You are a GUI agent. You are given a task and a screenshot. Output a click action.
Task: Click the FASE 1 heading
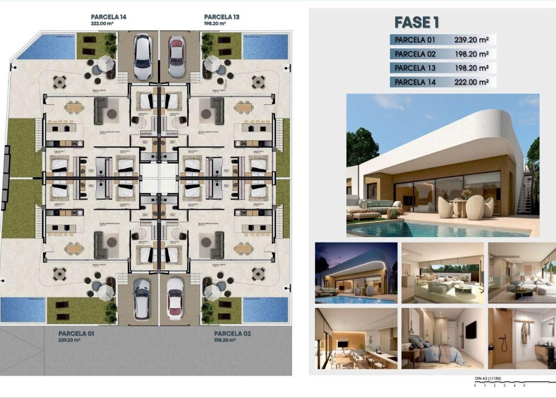click(x=416, y=22)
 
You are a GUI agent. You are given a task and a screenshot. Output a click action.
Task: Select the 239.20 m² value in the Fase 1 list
click(x=471, y=40)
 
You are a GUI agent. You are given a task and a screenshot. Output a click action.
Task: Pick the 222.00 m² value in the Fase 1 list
click(x=471, y=82)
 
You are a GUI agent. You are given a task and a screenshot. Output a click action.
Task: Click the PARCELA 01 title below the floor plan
click(x=75, y=333)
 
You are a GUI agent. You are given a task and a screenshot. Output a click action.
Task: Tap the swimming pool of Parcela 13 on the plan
click(x=264, y=47)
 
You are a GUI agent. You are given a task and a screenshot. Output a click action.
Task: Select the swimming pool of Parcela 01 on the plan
click(x=22, y=309)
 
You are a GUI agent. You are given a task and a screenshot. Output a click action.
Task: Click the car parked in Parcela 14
click(x=142, y=57)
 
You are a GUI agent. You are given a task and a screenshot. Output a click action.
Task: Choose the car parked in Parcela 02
click(x=175, y=298)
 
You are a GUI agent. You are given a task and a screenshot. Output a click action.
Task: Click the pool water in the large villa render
click(x=434, y=228)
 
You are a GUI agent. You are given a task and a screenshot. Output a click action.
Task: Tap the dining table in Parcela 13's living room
click(x=244, y=108)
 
